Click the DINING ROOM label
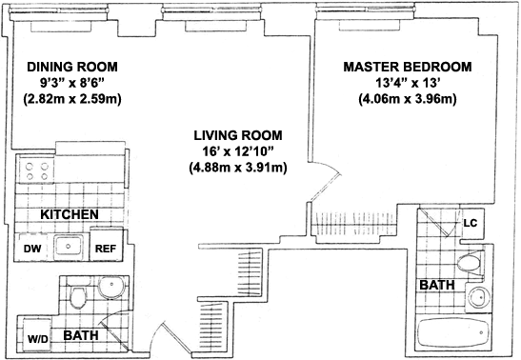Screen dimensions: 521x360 (x=72, y=67)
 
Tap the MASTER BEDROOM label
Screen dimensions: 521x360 (x=408, y=67)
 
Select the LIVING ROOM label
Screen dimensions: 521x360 (x=238, y=135)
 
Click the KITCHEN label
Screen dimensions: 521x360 (x=70, y=214)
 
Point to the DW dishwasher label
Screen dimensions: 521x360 (x=32, y=249)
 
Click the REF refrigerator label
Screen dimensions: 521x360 (x=106, y=249)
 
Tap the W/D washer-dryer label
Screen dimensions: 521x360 (x=37, y=339)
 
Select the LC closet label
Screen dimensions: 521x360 (x=471, y=223)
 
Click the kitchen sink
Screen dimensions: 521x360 (x=69, y=246)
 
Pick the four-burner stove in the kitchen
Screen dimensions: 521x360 (x=37, y=171)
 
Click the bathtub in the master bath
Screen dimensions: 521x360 (x=453, y=332)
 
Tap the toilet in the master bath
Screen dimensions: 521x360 (x=471, y=263)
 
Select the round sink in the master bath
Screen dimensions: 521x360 (x=478, y=297)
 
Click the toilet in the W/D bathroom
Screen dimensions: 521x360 (x=78, y=296)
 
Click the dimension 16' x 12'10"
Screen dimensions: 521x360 (x=238, y=151)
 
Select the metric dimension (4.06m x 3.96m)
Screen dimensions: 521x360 (x=408, y=99)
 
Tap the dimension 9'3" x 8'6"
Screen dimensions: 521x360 (x=72, y=83)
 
